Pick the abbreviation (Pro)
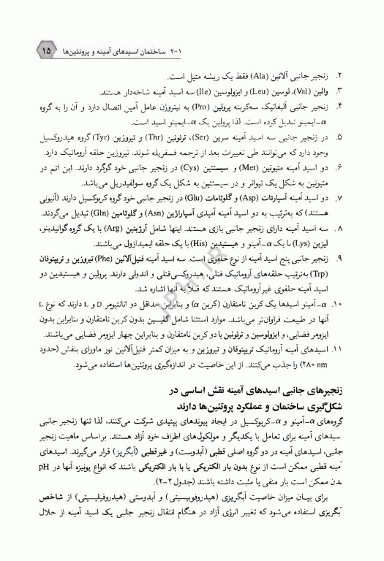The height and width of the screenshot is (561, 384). pyautogui.click(x=217, y=108)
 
